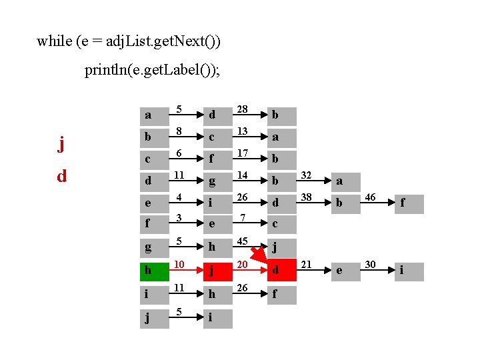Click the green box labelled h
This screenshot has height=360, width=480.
pos(155,271)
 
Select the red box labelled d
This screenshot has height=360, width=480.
pos(283,271)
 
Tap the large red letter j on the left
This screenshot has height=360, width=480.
pos(61,143)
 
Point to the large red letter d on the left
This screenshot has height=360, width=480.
pos(61,177)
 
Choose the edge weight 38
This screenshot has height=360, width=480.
pos(307,198)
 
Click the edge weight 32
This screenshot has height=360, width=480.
pos(307,175)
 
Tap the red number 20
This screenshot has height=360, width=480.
pos(243,265)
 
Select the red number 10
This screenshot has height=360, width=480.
pos(179,265)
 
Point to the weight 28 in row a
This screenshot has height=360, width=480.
pos(243,109)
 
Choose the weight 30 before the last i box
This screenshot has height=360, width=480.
pos(371,265)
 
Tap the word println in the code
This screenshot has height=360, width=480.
pos(107,69)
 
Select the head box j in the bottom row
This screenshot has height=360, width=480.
pos(155,317)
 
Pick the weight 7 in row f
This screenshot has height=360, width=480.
pos(244,219)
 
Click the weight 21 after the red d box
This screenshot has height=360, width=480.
pos(307,265)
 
